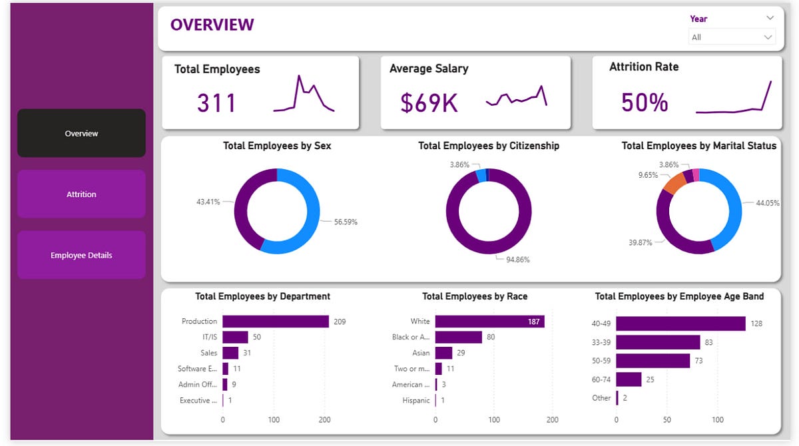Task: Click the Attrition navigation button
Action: pos(81,194)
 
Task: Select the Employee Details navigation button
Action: pos(81,255)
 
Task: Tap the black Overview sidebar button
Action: pos(81,133)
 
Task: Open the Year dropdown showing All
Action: pos(732,37)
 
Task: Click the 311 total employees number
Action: pos(216,103)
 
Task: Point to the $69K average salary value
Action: pos(429,103)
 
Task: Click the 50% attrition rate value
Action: pos(644,103)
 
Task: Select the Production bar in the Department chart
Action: pos(275,322)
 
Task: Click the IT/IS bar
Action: pos(235,337)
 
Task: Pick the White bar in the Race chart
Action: pos(489,322)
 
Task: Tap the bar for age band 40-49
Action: pos(680,324)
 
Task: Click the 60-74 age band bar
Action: pos(629,379)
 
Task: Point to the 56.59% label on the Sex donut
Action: pos(346,222)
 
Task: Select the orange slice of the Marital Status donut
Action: pos(674,182)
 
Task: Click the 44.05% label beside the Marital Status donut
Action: pos(768,203)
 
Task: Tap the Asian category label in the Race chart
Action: pos(421,353)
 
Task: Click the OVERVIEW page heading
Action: pos(212,25)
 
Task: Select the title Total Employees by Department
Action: pos(262,296)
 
